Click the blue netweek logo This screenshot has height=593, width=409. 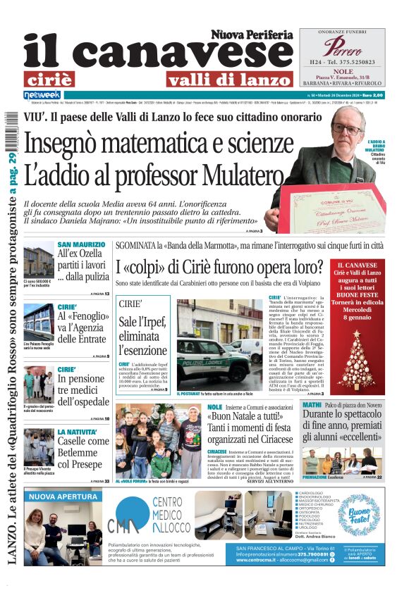point(42,94)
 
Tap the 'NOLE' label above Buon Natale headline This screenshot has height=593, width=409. point(216,407)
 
